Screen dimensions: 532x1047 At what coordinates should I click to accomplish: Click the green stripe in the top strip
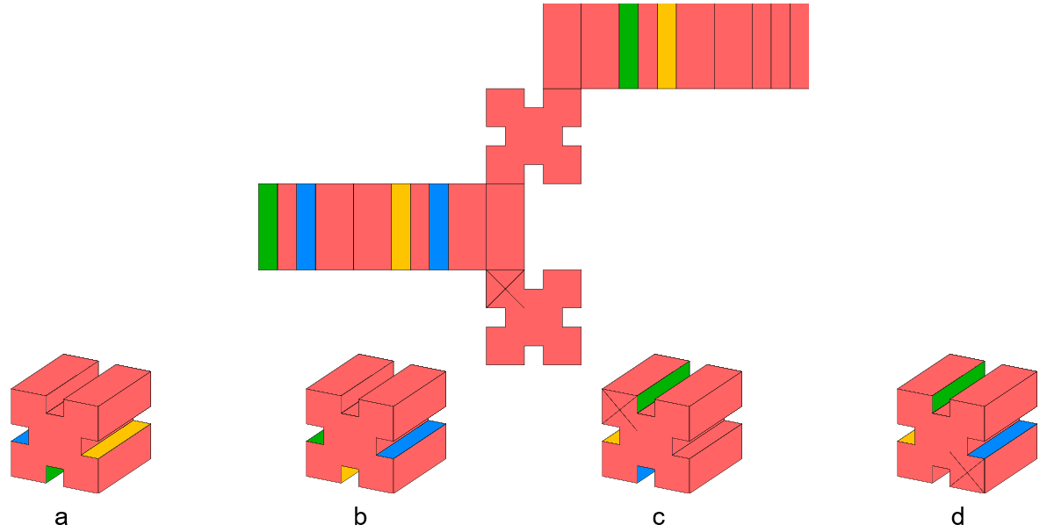point(628,46)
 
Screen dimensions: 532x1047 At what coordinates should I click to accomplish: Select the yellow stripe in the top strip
point(667,46)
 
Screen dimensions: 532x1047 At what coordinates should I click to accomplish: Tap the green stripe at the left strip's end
point(267,226)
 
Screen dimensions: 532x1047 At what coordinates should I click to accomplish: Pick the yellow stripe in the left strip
point(401,226)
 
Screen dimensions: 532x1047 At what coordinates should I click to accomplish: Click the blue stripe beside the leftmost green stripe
point(306,226)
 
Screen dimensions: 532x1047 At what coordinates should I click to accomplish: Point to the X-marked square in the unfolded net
point(505,289)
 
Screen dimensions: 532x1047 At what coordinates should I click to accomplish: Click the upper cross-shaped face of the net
point(533,135)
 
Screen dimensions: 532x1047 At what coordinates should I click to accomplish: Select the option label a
point(61,517)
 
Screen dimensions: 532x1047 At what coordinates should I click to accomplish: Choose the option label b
point(360,517)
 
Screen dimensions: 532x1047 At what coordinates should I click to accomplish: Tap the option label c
point(659,517)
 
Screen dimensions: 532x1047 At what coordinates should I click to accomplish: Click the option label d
point(957,517)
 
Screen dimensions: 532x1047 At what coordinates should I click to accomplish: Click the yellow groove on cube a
point(117,438)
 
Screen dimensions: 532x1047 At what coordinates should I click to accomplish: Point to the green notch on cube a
point(55,474)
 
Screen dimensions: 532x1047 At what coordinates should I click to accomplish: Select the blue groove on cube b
point(412,439)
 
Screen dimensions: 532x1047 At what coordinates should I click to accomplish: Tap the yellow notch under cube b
point(350,474)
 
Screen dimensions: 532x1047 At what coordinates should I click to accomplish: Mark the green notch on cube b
point(315,436)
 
